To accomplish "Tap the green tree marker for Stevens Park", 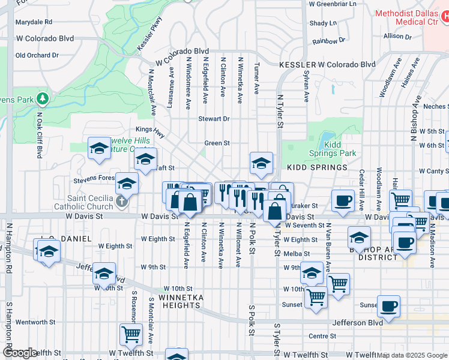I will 43,98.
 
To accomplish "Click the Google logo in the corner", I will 19,352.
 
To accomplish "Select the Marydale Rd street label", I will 34,22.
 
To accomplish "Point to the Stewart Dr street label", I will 214,119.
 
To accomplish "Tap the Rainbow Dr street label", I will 329,41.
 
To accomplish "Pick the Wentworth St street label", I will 36,322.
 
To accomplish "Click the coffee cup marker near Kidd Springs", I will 343,200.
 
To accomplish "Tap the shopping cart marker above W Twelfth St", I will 131,334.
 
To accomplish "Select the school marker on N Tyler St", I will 261,162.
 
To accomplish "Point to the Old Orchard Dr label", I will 37,55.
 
